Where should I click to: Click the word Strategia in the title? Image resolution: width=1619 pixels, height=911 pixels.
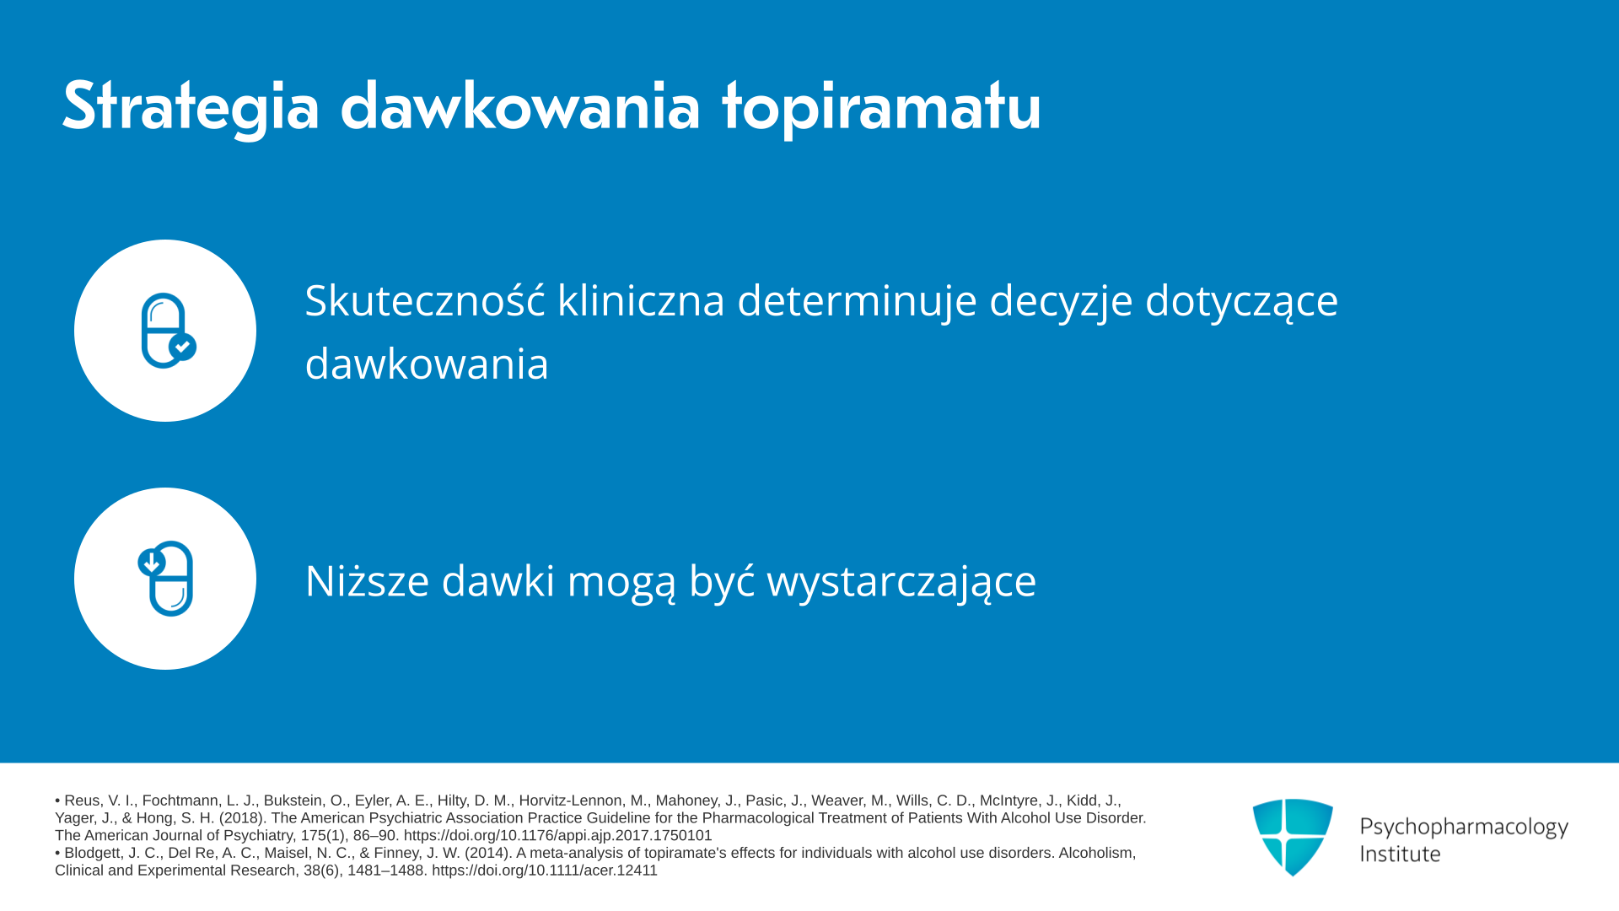point(191,108)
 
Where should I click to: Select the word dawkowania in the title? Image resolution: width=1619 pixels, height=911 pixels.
point(520,106)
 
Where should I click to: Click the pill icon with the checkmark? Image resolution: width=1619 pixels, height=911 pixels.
point(168,330)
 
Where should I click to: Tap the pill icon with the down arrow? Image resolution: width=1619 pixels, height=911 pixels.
point(166,578)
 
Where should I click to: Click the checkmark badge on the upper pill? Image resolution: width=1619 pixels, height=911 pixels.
point(182,347)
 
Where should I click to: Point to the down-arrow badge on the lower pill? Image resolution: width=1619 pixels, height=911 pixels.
point(152,562)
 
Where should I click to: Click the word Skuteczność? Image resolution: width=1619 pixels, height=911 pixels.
point(425,300)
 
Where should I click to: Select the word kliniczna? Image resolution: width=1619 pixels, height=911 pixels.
point(641,300)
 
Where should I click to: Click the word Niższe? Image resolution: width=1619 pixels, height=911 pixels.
point(367,579)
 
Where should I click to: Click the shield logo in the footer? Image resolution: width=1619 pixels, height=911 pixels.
point(1293,837)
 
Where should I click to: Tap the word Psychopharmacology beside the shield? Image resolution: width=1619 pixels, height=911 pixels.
point(1464,827)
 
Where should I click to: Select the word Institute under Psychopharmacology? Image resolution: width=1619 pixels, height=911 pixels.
point(1400,854)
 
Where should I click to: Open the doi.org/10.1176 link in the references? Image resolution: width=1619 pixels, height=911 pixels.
point(557,835)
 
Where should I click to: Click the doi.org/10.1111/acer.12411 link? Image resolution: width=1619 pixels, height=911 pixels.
point(544,870)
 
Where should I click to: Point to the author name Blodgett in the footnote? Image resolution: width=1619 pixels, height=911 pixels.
point(93,853)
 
